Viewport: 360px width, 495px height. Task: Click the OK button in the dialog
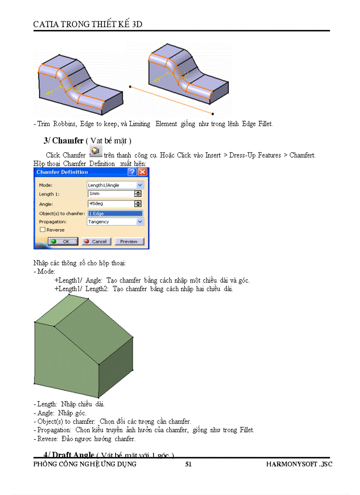tap(63, 242)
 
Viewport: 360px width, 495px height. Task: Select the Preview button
tap(129, 242)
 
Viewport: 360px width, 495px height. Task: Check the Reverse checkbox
tap(42, 230)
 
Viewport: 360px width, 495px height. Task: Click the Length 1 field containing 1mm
tap(111, 194)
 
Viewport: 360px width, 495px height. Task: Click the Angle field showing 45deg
tap(111, 204)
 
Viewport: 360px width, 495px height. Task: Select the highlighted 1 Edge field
tap(115, 213)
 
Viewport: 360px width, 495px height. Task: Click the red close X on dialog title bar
tap(142, 172)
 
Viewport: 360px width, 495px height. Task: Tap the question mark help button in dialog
tap(132, 172)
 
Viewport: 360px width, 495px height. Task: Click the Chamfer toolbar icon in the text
tap(95, 151)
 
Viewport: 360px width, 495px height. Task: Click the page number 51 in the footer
tap(188, 464)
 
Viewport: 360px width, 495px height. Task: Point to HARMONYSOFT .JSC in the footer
tap(299, 464)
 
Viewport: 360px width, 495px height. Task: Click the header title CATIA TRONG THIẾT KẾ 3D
tap(88, 24)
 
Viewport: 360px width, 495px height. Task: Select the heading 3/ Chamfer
tap(64, 141)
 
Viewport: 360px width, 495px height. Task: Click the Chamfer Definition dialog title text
tap(62, 172)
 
